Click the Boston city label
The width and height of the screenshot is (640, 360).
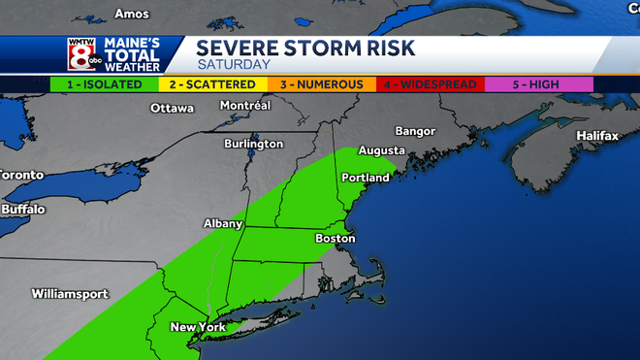pyautogui.click(x=336, y=238)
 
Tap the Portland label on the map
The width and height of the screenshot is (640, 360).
pyautogui.click(x=366, y=179)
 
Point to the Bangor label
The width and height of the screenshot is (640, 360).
pyautogui.click(x=417, y=131)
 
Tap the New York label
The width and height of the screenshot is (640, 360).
pyautogui.click(x=198, y=327)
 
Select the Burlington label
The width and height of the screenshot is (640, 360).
pyautogui.click(x=254, y=144)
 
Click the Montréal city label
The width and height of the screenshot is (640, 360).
pyautogui.click(x=245, y=105)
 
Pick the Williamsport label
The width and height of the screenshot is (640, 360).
pyautogui.click(x=67, y=292)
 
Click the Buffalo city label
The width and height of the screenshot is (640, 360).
pyautogui.click(x=23, y=209)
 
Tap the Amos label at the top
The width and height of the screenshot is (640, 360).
pyautogui.click(x=132, y=14)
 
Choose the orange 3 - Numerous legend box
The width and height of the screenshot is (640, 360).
pyautogui.click(x=321, y=84)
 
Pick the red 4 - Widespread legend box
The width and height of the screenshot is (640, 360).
pyautogui.click(x=430, y=84)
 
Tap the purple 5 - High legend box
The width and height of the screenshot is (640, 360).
pyautogui.click(x=538, y=84)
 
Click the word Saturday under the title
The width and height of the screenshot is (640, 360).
pyautogui.click(x=234, y=64)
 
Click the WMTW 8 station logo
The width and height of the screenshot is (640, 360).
pyautogui.click(x=81, y=55)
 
